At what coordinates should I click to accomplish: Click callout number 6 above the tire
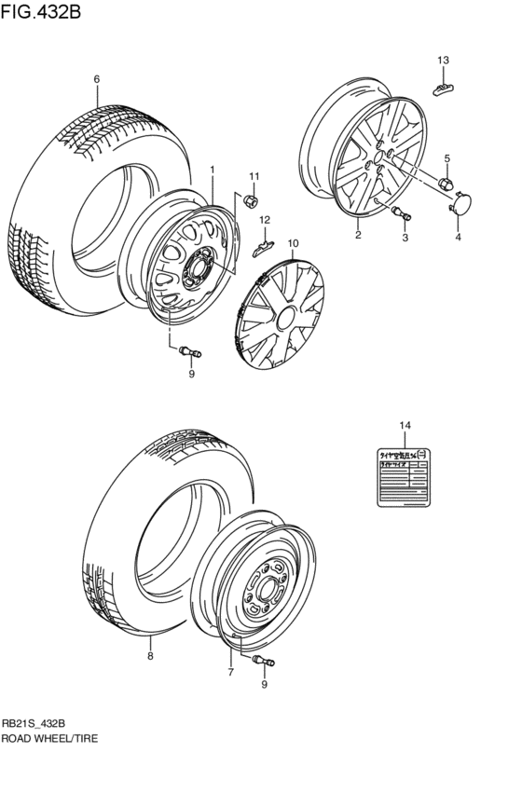(x=95, y=79)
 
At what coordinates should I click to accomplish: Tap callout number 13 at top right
(x=444, y=61)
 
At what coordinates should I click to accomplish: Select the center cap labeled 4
(x=461, y=202)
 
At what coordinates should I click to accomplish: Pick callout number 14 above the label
(x=404, y=426)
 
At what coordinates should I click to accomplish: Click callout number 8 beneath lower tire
(x=149, y=656)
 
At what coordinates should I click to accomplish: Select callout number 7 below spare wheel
(x=230, y=670)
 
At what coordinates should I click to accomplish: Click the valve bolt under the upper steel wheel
(x=191, y=351)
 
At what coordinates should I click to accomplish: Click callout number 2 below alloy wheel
(x=358, y=236)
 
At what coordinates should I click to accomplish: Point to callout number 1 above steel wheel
(x=213, y=170)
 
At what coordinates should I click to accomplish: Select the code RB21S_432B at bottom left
(x=34, y=722)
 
